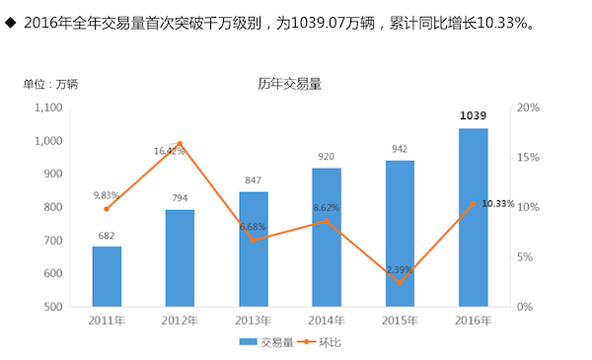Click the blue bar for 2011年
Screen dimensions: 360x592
click(107, 276)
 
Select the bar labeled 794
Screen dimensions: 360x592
click(180, 257)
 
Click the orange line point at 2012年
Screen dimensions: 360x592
click(180, 144)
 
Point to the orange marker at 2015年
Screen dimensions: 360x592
click(400, 283)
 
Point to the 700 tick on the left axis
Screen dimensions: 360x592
click(51, 241)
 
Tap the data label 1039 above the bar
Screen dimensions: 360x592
click(473, 116)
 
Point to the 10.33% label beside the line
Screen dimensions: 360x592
click(498, 203)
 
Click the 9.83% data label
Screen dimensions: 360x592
click(107, 195)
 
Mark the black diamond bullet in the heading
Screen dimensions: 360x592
click(10, 21)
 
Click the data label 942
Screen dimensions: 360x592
click(400, 150)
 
